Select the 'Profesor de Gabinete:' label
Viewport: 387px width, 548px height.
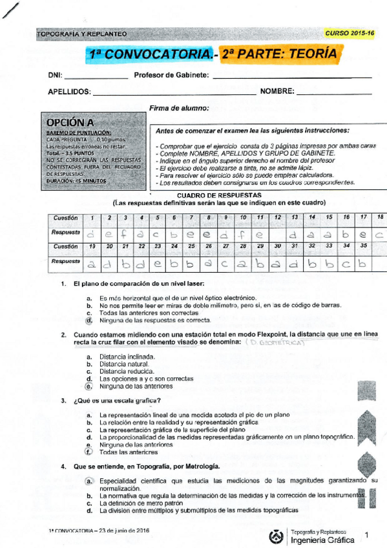171,76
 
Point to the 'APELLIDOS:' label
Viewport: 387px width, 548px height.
69,92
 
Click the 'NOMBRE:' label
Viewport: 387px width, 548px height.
277,92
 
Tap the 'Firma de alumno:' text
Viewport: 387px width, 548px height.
179,108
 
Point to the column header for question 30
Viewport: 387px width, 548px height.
278,247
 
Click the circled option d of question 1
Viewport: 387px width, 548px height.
89,320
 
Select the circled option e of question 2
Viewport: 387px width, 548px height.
89,386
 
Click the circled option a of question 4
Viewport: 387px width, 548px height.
89,481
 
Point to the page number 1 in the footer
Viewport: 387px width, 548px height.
367,534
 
